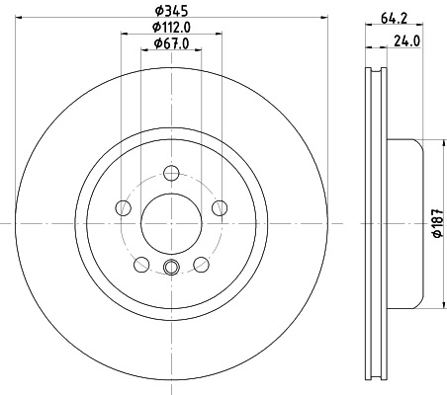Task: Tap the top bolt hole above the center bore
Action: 171,171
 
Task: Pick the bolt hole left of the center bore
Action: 124,207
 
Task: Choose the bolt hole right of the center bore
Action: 219,207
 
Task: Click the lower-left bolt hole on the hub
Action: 141,263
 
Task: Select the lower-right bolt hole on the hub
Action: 201,263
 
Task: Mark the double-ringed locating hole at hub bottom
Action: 171,266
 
